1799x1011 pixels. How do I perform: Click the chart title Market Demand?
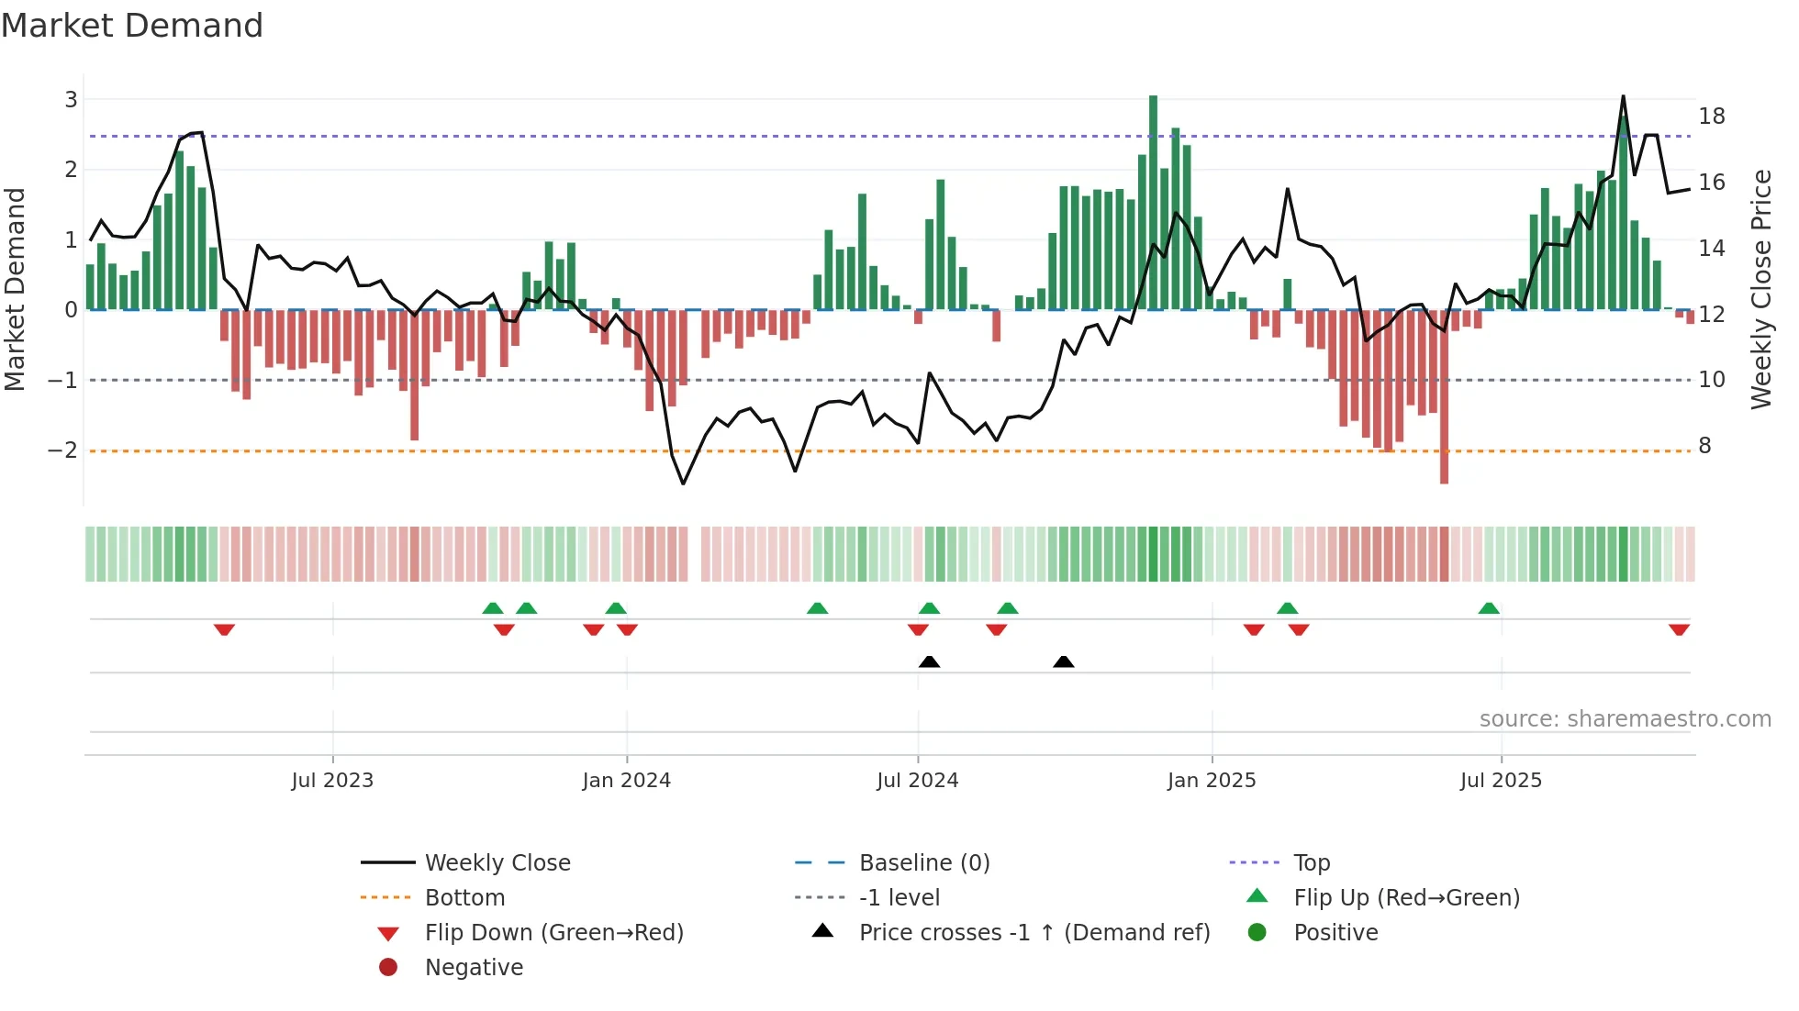pyautogui.click(x=132, y=26)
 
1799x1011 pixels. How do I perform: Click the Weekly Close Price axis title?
pyautogui.click(x=1760, y=289)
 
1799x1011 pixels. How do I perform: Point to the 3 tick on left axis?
pyautogui.click(x=71, y=99)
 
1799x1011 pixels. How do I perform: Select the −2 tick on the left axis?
pyautogui.click(x=62, y=450)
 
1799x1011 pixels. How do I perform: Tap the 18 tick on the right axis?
pyautogui.click(x=1712, y=117)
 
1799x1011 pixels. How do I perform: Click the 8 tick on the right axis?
pyautogui.click(x=1705, y=446)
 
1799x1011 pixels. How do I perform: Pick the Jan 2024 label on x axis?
pyautogui.click(x=627, y=781)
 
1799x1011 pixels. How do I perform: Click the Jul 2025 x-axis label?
pyautogui.click(x=1501, y=781)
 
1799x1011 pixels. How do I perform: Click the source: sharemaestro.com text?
pyautogui.click(x=1625, y=719)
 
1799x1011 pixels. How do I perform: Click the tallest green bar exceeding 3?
pyautogui.click(x=1153, y=202)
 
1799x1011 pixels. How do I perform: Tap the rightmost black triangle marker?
pyautogui.click(x=1064, y=661)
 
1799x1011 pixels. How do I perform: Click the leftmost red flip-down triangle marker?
pyautogui.click(x=224, y=629)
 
